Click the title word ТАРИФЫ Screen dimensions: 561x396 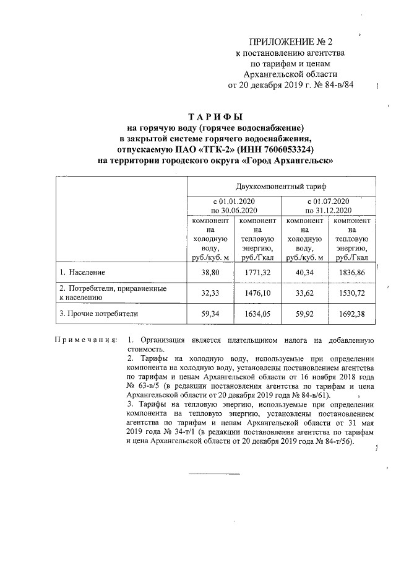[216, 117]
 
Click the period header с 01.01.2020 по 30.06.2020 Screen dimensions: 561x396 [234, 206]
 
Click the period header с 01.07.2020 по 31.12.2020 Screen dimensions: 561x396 [328, 206]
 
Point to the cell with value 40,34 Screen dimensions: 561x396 [304, 272]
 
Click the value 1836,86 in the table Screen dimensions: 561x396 [351, 272]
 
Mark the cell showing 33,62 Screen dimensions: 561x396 [304, 293]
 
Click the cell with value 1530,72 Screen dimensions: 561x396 [351, 293]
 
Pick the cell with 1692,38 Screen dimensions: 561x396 [351, 314]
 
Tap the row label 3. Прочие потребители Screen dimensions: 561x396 [98, 314]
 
